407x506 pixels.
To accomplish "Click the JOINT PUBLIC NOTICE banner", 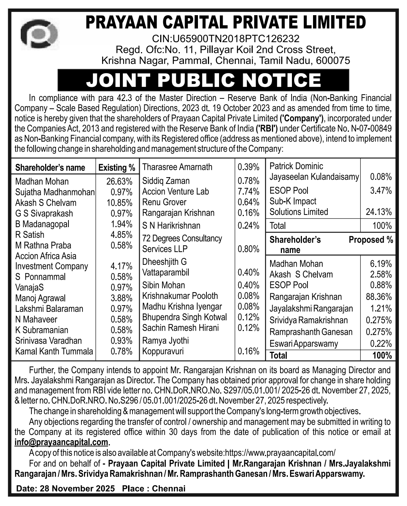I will (x=203, y=80).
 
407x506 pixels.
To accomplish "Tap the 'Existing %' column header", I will (x=117, y=168).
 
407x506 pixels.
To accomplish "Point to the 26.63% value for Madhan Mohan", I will (x=119, y=182).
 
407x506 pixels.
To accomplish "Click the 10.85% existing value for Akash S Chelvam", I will (x=119, y=203).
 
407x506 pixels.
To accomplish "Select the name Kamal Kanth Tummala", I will (x=54, y=351).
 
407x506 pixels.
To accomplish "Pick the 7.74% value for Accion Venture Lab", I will (x=249, y=192).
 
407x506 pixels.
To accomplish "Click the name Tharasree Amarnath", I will (x=177, y=167).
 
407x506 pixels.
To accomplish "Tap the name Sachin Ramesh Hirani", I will (x=180, y=328).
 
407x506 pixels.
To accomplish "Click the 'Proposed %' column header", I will (x=371, y=240).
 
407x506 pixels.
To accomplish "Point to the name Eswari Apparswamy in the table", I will (x=303, y=344).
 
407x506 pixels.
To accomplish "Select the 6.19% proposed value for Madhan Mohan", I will (x=380, y=264).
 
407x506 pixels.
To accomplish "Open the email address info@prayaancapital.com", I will (x=61, y=442).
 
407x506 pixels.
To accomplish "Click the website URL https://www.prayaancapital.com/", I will (x=280, y=453).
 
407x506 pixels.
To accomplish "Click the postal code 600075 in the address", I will (x=333, y=61).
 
